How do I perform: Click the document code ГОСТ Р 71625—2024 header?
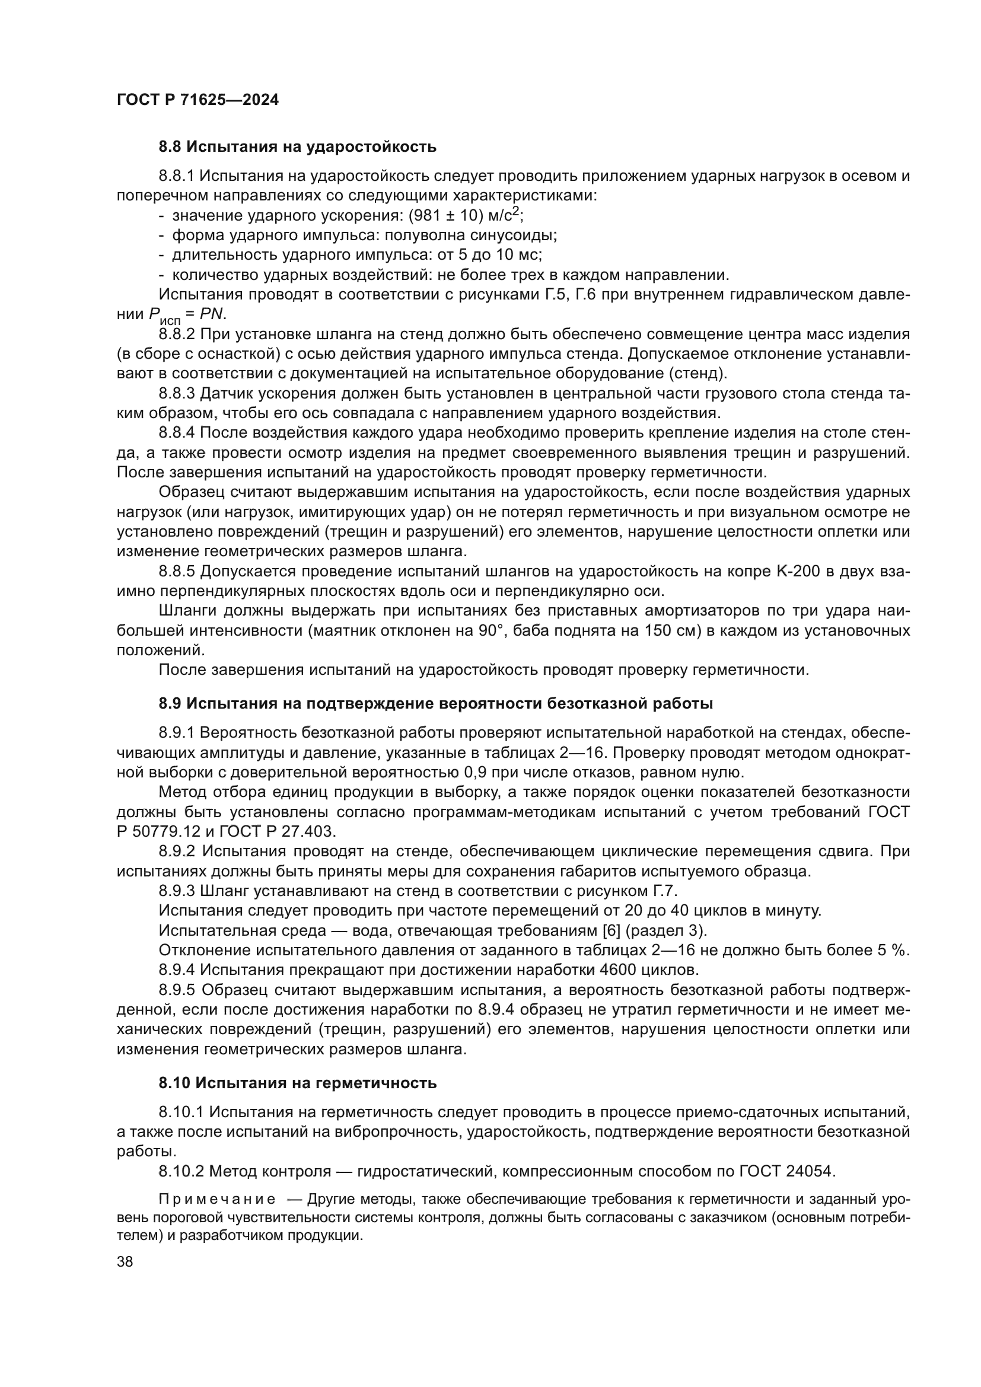point(198,100)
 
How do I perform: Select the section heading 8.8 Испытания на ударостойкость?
point(297,147)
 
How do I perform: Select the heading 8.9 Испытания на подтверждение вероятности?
point(435,704)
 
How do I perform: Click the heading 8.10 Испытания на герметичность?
point(297,1083)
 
